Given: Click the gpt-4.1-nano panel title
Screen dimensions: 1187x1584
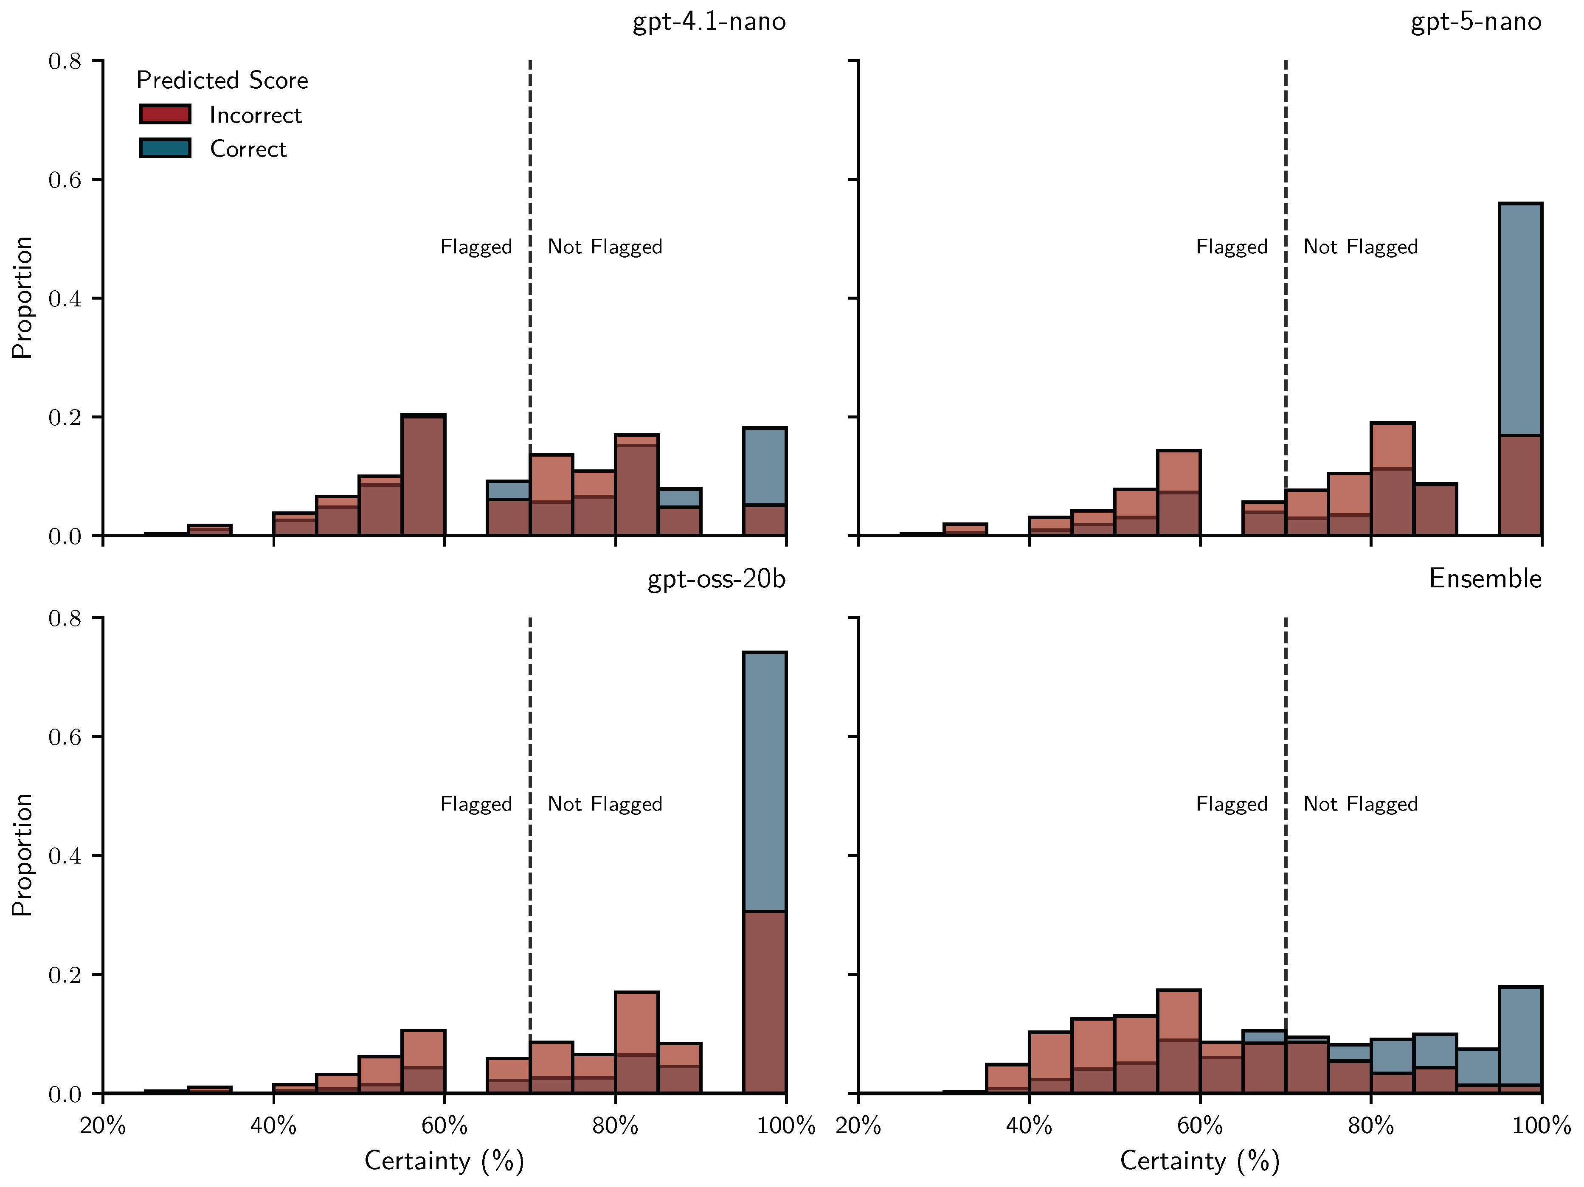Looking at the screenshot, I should tap(709, 22).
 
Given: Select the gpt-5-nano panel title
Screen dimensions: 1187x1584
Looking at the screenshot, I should tap(1475, 22).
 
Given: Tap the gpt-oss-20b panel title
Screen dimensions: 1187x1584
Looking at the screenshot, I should tap(716, 578).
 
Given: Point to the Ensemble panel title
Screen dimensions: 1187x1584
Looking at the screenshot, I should tap(1485, 578).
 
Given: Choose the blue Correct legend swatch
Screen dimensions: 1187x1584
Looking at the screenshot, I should tap(165, 148).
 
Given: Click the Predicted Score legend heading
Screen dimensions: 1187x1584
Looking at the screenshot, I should tap(222, 80).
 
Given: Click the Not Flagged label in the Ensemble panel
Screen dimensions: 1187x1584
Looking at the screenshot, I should tap(1360, 804).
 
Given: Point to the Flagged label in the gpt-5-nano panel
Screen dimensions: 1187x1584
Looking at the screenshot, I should tap(1231, 247).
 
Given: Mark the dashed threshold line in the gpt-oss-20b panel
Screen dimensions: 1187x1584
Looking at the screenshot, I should tap(530, 716).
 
